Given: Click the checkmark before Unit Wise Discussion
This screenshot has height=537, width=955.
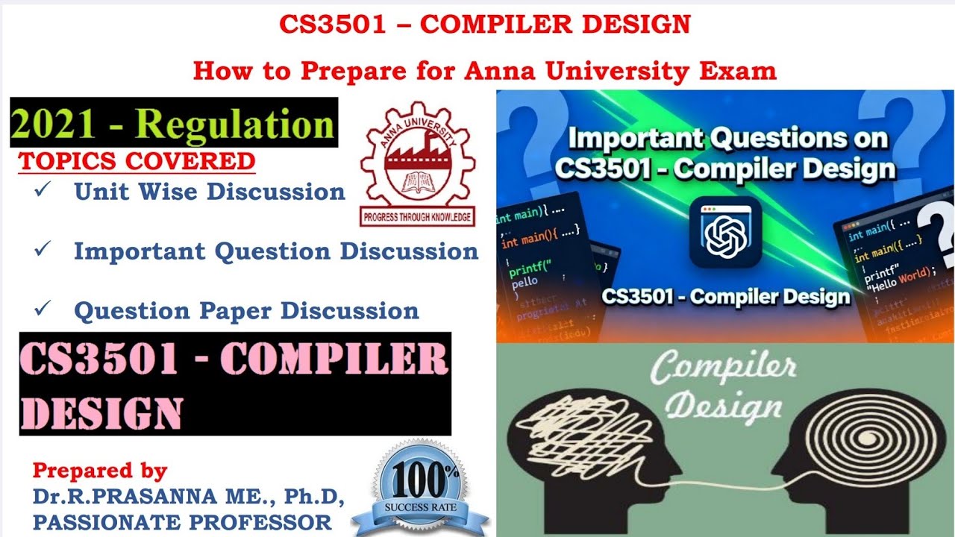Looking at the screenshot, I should pyautogui.click(x=42, y=190).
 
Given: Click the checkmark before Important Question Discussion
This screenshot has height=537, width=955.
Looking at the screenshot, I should pyautogui.click(x=42, y=249).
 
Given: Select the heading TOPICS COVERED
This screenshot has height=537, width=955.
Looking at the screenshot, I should pyautogui.click(x=137, y=161).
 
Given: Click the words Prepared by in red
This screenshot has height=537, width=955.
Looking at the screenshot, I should pyautogui.click(x=100, y=471).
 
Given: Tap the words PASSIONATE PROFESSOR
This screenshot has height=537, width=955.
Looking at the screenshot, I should pyautogui.click(x=182, y=521).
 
